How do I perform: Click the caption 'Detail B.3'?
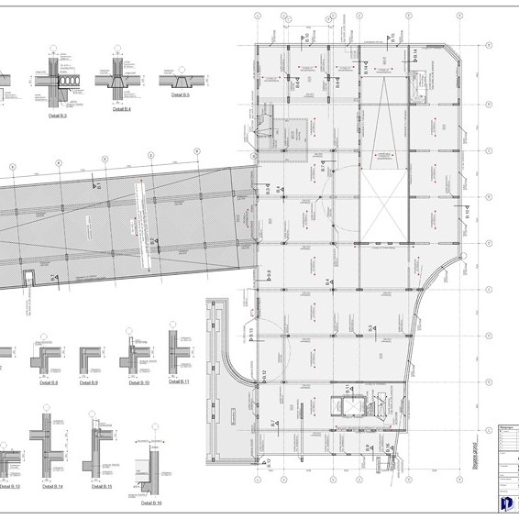coord(62,116)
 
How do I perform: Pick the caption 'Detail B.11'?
coord(178,381)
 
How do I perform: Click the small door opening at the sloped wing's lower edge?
coord(29,277)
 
